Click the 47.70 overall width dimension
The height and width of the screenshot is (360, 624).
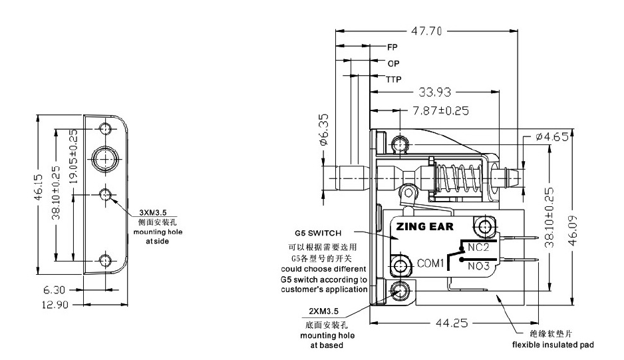click(426, 31)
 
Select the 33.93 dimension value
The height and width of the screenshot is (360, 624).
click(435, 92)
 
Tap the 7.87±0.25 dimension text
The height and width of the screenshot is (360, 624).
click(440, 110)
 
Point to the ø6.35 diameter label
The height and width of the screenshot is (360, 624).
click(325, 129)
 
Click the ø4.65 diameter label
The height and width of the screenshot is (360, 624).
click(552, 137)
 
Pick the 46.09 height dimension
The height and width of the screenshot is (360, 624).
click(573, 231)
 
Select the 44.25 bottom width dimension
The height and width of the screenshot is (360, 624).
click(452, 323)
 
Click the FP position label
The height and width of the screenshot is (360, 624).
click(392, 47)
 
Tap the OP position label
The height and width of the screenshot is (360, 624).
click(393, 63)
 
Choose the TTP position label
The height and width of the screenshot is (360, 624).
click(393, 80)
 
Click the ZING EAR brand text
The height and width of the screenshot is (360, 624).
click(424, 227)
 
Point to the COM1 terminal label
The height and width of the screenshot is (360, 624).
click(430, 264)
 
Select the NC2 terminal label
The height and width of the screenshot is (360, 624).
click(478, 248)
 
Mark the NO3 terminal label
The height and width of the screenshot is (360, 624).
click(478, 266)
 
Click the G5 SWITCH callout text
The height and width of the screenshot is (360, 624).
click(318, 234)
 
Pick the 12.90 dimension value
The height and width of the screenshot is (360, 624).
click(55, 305)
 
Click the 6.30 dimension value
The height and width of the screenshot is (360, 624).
click(54, 290)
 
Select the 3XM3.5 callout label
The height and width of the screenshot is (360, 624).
click(153, 213)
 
